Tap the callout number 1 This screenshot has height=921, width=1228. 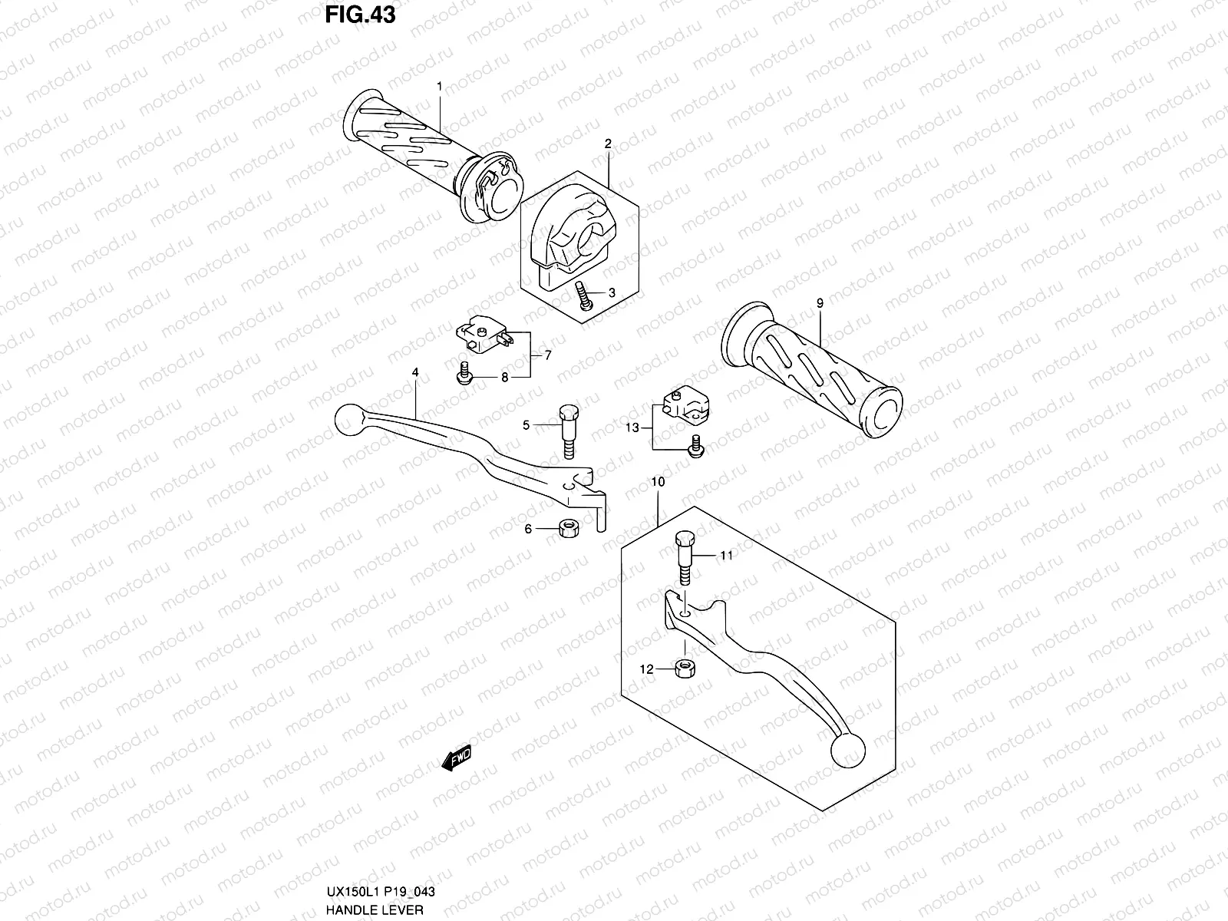tap(439, 87)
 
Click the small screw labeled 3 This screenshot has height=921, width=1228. tap(583, 296)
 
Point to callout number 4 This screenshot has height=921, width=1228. tap(415, 372)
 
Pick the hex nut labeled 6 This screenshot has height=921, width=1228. tap(569, 528)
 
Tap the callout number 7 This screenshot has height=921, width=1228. tap(548, 355)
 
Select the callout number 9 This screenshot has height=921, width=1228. tap(820, 304)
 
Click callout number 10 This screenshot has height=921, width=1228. tap(658, 482)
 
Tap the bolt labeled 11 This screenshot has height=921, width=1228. tap(685, 562)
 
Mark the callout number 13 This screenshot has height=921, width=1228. tap(632, 428)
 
